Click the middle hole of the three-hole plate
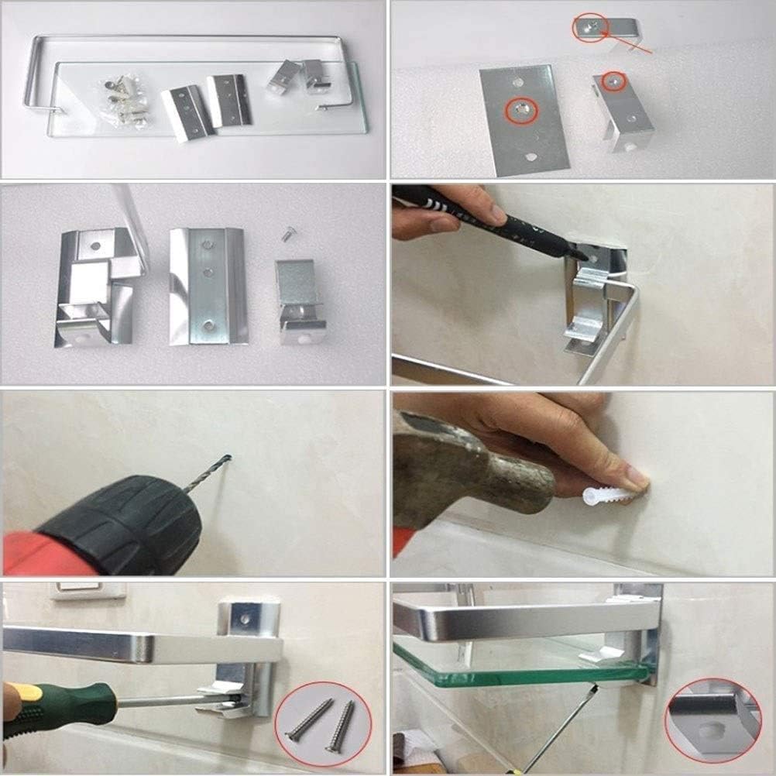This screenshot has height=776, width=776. [x=208, y=273]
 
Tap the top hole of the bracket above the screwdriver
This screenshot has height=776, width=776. [x=246, y=620]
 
